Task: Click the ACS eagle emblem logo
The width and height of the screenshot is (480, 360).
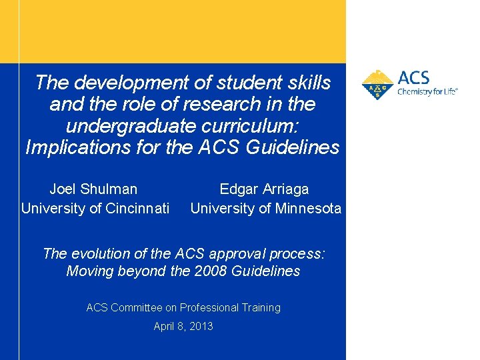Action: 377,85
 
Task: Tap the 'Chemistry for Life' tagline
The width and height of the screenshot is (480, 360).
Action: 427,92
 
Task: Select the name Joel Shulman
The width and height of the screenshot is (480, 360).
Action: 93,189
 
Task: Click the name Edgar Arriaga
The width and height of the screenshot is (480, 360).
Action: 264,189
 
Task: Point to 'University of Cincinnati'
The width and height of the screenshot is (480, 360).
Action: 95,209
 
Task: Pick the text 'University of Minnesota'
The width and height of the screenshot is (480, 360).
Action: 265,209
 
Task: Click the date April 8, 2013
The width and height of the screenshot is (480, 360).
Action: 183,326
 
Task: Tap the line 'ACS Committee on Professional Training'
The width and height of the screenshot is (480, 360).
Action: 183,307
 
